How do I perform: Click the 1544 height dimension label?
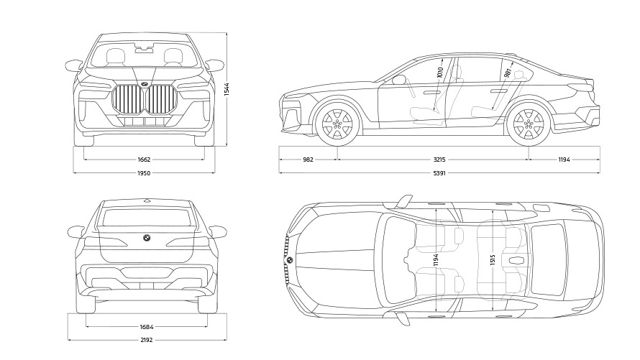pos(227,89)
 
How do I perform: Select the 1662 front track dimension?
pos(144,160)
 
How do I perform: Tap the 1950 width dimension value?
pos(144,173)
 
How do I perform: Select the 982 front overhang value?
pos(308,160)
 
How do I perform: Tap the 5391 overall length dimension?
pos(439,173)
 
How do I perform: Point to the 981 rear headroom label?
pos(508,73)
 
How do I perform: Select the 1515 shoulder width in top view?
pos(492,260)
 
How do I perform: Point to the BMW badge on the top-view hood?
pos(290,259)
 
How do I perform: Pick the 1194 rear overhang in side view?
pos(564,160)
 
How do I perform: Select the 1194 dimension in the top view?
pos(436,260)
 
